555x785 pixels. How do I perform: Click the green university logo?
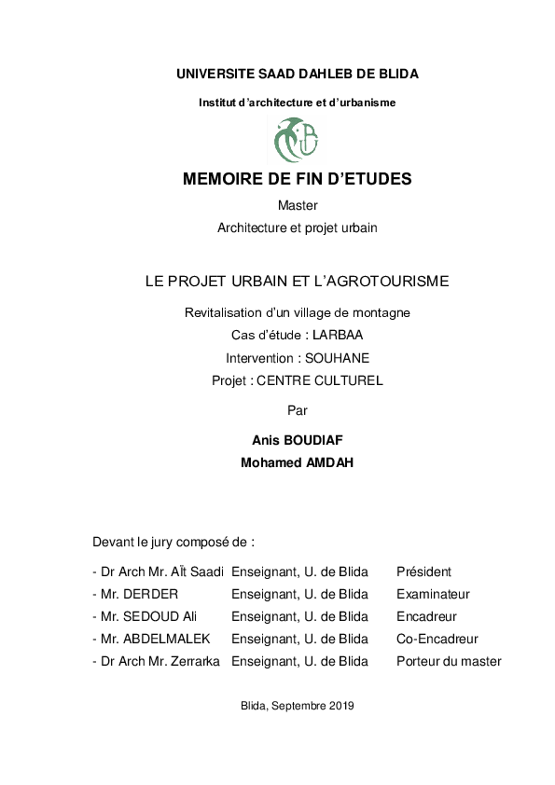tap(297, 140)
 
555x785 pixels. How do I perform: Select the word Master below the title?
tap(298, 205)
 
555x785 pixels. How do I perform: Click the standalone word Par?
tap(298, 409)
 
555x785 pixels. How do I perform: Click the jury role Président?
tap(423, 572)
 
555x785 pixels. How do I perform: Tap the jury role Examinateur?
tap(433, 594)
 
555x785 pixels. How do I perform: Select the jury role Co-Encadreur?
tap(437, 639)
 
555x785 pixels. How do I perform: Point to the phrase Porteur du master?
tap(449, 661)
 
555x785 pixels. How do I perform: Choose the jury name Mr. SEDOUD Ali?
tap(148, 616)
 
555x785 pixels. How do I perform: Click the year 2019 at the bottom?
tap(341, 706)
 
